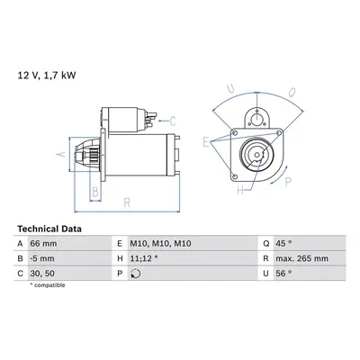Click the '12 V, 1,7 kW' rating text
click(47, 76)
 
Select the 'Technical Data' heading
click(49, 229)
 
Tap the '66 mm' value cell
click(43, 243)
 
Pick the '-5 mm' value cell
click(42, 258)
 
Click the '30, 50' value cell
click(42, 274)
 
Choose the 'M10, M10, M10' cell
click(160, 243)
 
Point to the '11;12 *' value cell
click(144, 258)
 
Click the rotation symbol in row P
click(136, 274)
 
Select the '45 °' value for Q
click(283, 243)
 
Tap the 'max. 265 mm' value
click(302, 258)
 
